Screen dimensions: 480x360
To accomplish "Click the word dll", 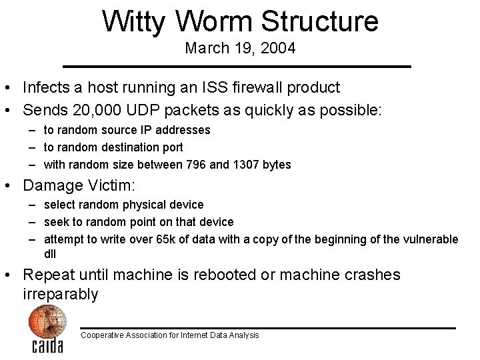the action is [x=50, y=253].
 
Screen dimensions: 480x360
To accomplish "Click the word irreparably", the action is [x=60, y=294].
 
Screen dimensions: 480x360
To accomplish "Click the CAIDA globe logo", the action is [x=47, y=328].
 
